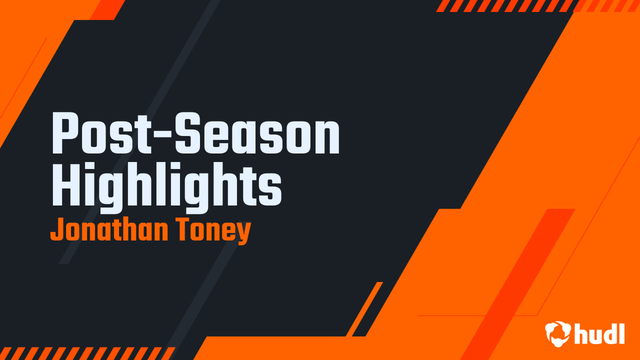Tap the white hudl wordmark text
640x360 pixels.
(x=599, y=333)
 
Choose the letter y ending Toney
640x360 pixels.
(x=243, y=234)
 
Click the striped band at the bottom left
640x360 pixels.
(x=85, y=353)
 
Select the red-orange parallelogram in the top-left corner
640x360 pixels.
(x=107, y=9)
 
